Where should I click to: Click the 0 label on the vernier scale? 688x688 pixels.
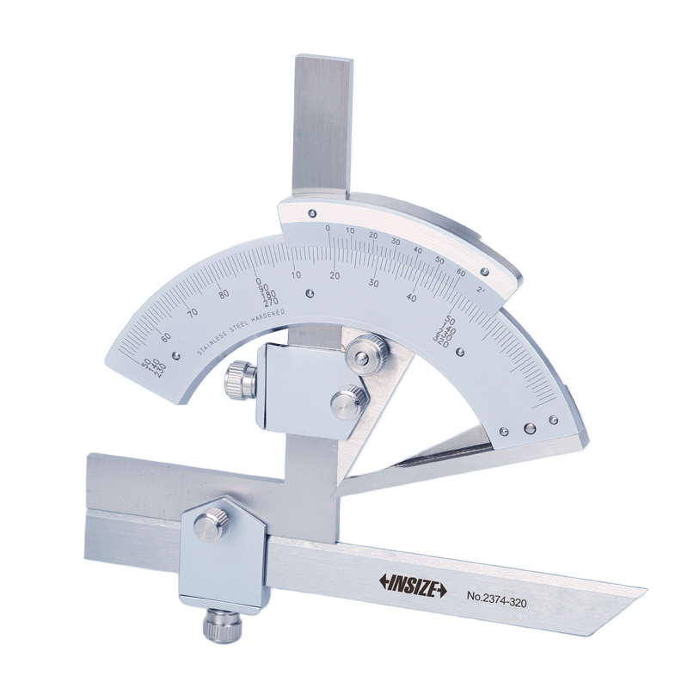(x=329, y=228)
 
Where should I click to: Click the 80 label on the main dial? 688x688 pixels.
(x=224, y=293)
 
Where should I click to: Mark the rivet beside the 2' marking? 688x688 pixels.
(x=485, y=273)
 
